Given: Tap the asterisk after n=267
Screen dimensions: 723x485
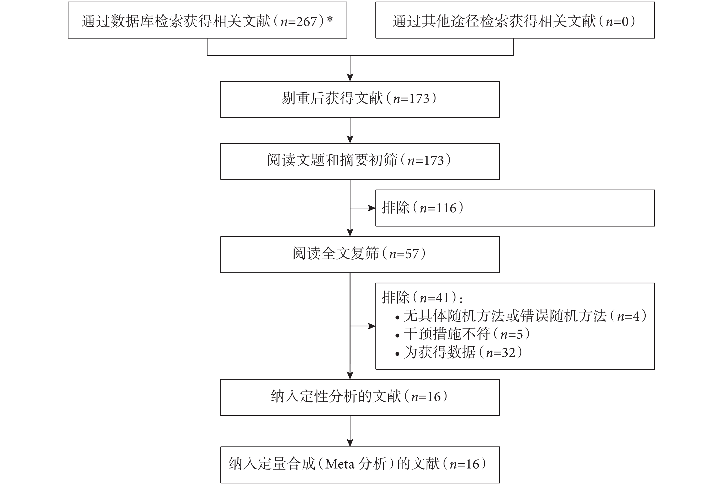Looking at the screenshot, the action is (x=330, y=19).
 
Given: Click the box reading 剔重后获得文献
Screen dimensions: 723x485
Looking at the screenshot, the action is (x=360, y=99).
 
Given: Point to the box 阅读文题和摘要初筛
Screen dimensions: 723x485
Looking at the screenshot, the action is (x=360, y=161).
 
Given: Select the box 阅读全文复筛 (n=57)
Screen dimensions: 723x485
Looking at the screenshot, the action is (x=360, y=255).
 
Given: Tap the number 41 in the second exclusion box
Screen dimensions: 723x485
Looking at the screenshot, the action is (x=442, y=298).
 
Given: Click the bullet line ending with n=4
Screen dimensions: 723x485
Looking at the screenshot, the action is (x=521, y=316).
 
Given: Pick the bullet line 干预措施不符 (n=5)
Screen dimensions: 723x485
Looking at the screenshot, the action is (x=462, y=334).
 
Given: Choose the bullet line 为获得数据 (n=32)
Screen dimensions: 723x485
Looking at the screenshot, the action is (x=459, y=352).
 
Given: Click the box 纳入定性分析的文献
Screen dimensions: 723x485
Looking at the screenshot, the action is (x=360, y=397).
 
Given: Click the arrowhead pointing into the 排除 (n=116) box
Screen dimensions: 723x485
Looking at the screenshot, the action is (x=371, y=208).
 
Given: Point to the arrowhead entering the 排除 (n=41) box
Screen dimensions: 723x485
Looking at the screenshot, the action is (x=371, y=326).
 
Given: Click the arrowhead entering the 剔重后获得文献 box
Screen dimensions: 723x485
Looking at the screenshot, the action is (x=350, y=77).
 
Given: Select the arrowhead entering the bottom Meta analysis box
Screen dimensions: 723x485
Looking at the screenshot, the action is (x=350, y=443).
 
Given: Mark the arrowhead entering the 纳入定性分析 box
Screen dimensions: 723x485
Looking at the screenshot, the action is (x=350, y=375).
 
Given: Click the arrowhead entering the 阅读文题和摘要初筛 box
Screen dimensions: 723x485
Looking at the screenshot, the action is (x=350, y=139).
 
